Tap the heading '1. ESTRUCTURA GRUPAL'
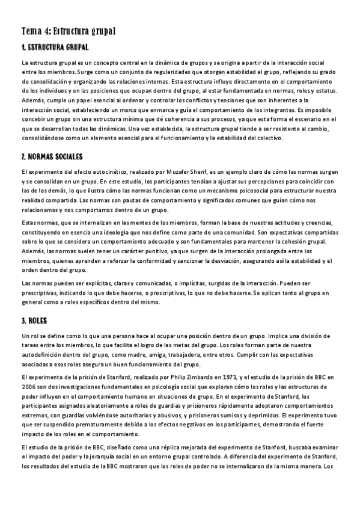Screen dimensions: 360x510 [x=55, y=47]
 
